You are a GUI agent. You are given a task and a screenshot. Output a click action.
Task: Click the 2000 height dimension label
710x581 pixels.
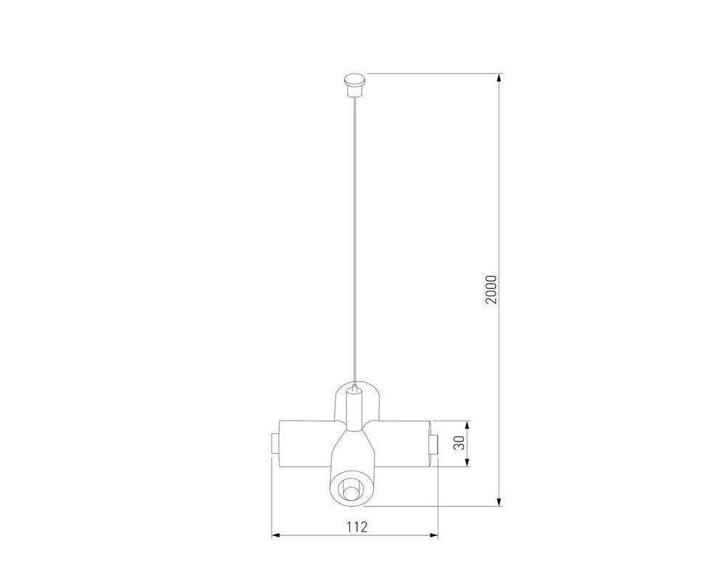[x=491, y=290]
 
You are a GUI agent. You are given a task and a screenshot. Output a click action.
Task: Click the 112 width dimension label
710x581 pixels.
[x=357, y=527]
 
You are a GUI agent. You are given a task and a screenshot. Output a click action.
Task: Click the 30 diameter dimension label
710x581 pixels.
[x=459, y=443]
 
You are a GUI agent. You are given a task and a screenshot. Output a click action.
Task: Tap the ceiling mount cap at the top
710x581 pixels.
[x=356, y=85]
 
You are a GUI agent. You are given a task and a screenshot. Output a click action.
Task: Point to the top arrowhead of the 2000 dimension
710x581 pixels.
[x=499, y=78]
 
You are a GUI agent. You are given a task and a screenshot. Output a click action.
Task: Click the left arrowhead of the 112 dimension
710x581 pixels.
[x=275, y=536]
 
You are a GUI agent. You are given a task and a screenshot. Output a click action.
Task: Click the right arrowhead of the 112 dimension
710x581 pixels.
[x=434, y=536]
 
